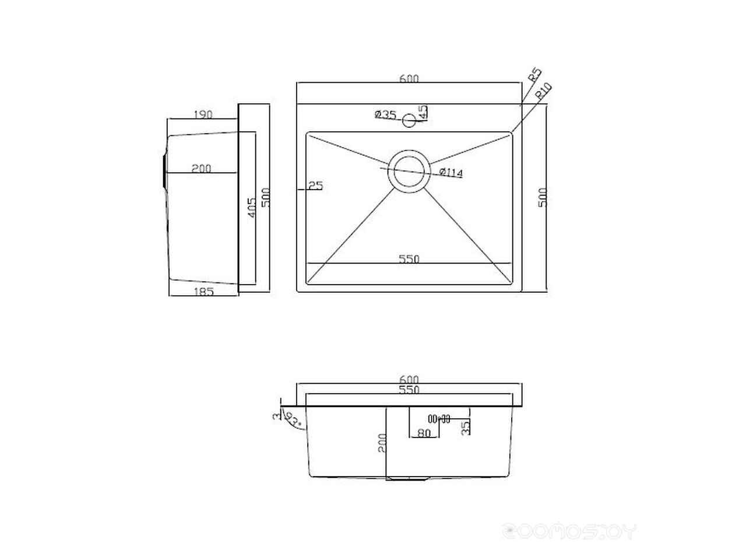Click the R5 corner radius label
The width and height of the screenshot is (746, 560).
click(534, 76)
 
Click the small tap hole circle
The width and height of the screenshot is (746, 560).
click(409, 121)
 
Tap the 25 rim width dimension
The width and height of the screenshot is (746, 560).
click(315, 186)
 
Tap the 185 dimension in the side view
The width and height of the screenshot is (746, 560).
click(202, 291)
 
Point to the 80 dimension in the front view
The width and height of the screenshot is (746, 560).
click(424, 433)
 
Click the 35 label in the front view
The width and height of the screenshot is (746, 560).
click(465, 429)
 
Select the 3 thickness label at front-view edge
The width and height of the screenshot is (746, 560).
click(276, 416)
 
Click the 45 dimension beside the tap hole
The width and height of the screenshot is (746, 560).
click(424, 111)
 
